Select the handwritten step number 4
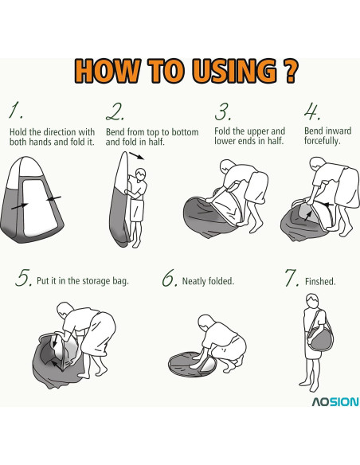tap(312, 111)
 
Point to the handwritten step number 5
tap(23, 278)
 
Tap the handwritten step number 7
tap(292, 278)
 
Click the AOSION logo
tap(335, 402)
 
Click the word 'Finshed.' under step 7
tap(320, 281)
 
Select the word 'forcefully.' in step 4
tap(322, 141)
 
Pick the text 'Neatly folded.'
tap(208, 281)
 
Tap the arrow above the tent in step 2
tap(137, 156)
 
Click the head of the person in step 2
tap(140, 174)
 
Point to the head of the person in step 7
tap(312, 300)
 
